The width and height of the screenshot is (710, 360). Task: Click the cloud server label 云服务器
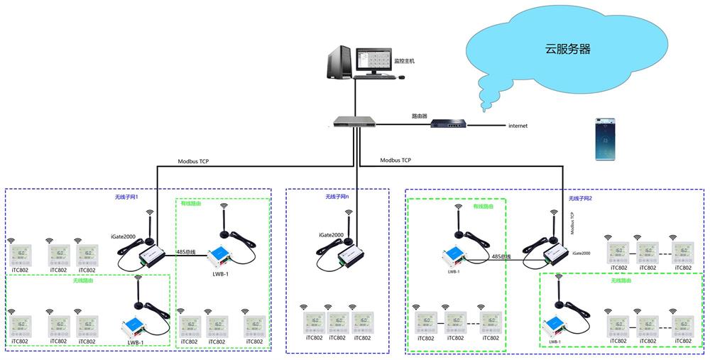tap(567, 50)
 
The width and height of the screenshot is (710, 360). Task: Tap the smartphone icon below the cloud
tap(605, 138)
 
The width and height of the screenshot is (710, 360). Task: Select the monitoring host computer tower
tap(340, 62)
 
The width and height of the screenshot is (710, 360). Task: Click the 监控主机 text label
tap(404, 61)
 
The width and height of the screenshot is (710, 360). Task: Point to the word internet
tap(518, 126)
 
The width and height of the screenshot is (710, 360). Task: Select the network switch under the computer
tap(354, 122)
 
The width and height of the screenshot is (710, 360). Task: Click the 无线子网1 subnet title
tap(126, 197)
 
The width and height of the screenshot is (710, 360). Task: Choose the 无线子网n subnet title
tap(337, 197)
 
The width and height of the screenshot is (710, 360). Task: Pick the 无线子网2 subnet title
tap(580, 198)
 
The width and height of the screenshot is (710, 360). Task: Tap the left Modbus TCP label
tap(193, 161)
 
